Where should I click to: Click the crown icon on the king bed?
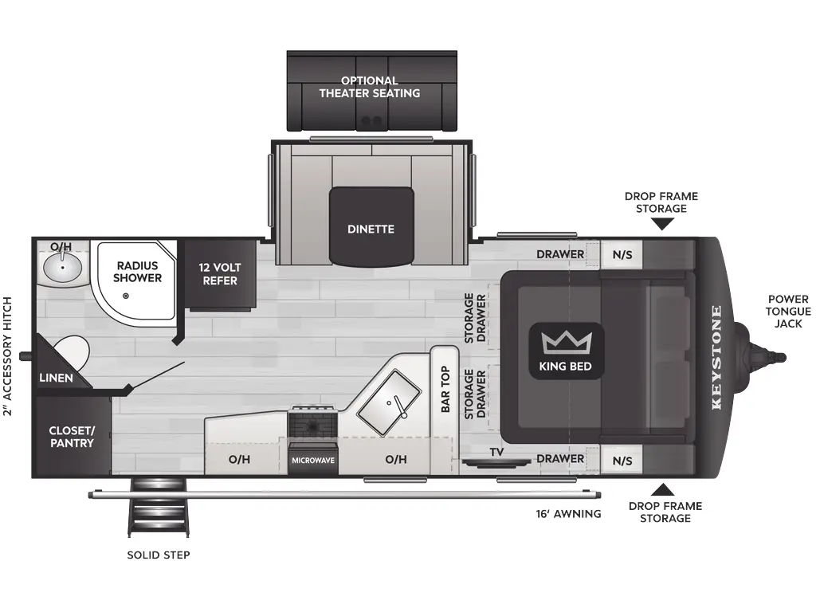566,343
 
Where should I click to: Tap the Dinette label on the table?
371,229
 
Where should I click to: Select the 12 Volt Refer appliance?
219,274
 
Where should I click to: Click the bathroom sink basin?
61,269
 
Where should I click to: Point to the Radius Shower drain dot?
126,296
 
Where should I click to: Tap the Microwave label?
313,461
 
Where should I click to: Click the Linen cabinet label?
56,378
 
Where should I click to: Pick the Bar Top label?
445,390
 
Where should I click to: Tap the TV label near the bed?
496,453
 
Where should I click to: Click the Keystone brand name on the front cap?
716,356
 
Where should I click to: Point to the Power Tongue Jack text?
787,311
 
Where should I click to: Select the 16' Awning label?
568,514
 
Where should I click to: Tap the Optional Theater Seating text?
370,87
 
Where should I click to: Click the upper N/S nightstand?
622,255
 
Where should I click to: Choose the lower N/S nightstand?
622,461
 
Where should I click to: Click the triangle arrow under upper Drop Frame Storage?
661,225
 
